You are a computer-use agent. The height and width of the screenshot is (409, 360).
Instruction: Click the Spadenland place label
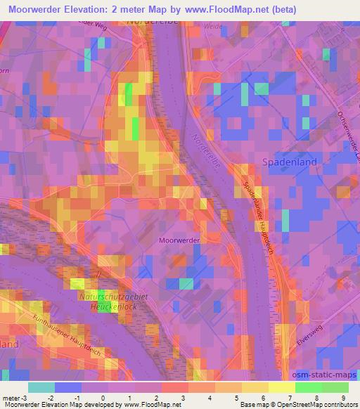[x=289, y=162]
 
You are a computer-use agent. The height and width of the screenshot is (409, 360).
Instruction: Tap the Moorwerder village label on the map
[x=180, y=240]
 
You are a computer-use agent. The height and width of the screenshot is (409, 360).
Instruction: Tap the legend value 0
[x=103, y=397]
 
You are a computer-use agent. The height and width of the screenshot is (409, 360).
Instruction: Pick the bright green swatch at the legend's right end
[x=334, y=387]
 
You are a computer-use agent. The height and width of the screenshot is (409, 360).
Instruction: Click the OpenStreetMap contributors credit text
[x=317, y=405]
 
